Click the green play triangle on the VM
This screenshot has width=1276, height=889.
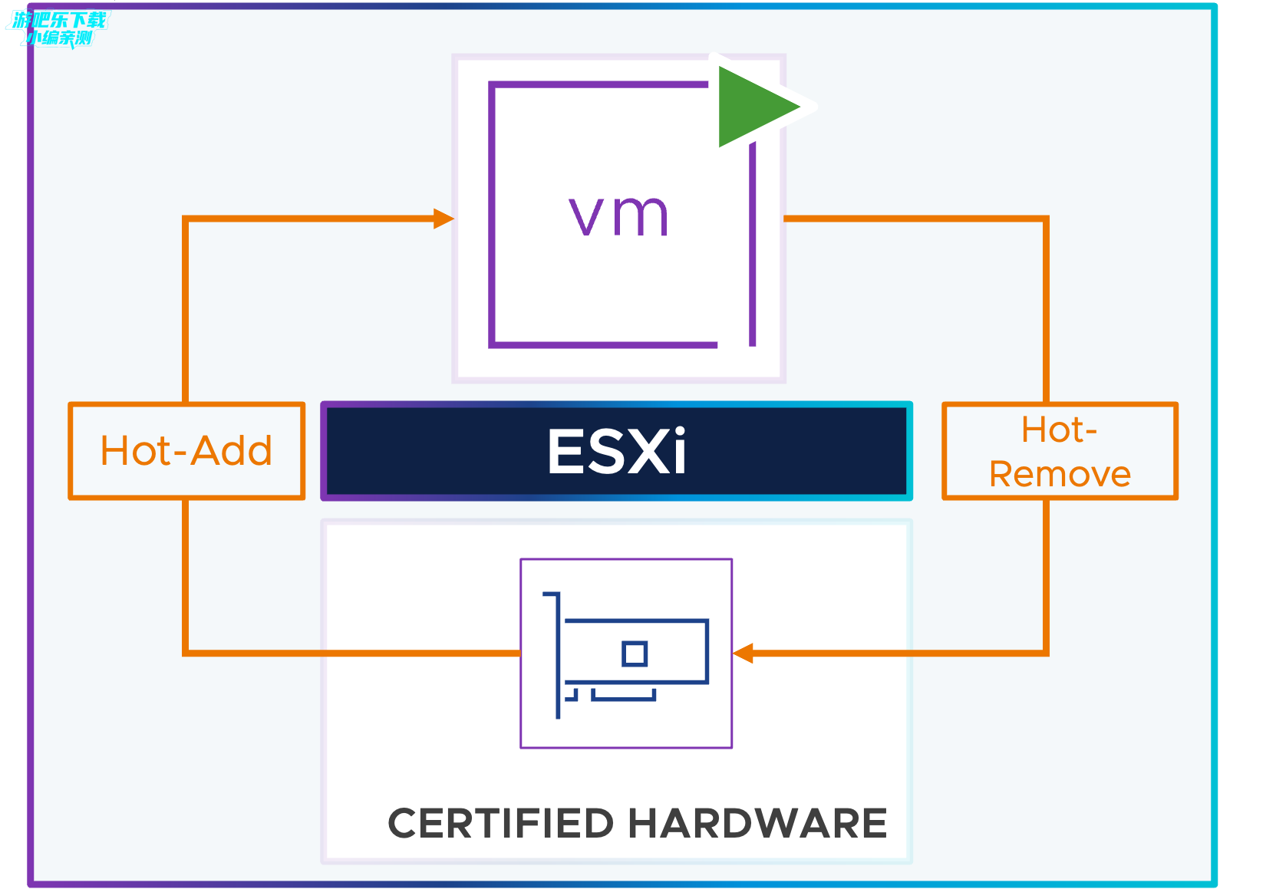pos(752,107)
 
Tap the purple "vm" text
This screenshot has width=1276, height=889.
pos(618,216)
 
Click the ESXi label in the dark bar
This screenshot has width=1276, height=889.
pos(617,452)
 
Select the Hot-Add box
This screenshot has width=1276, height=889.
pos(186,451)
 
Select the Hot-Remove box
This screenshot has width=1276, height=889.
pos(1060,452)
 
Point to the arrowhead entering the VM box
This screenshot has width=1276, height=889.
pos(443,219)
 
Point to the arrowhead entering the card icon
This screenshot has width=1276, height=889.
pos(743,654)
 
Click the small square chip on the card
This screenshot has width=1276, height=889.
pos(635,654)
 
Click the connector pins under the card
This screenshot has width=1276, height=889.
pos(623,696)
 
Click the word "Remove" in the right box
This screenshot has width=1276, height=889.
pos(1060,475)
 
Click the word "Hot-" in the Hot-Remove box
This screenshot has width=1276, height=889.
pos(1059,430)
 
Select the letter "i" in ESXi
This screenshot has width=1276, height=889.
pos(678,452)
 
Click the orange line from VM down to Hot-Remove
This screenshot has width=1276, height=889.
pos(1046,307)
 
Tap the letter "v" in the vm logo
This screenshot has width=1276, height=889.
pos(587,216)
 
